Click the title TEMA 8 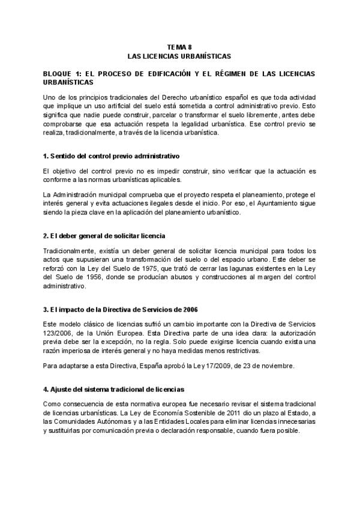179,47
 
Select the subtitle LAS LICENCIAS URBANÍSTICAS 179,56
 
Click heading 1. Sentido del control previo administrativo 111,156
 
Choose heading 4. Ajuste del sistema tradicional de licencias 113,389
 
